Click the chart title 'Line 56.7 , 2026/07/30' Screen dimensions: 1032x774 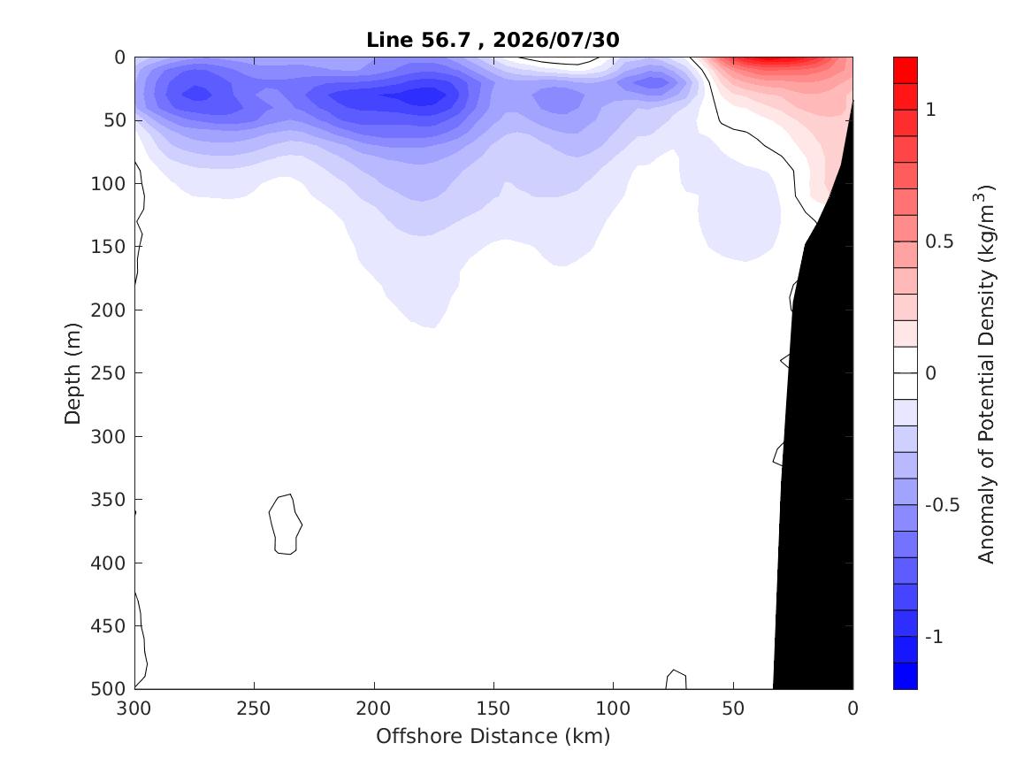click(493, 40)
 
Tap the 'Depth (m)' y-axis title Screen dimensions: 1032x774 click(73, 373)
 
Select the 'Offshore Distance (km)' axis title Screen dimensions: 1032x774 click(493, 736)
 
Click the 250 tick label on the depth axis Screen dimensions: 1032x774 click(108, 373)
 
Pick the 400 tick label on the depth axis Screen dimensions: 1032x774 click(108, 563)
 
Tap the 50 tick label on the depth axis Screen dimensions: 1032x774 click(114, 120)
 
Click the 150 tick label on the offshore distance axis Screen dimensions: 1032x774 click(493, 709)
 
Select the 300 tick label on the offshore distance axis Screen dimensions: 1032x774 click(134, 709)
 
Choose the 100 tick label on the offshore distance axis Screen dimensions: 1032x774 click(613, 709)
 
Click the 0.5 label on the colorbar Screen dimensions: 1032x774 click(939, 241)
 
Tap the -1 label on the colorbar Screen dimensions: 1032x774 click(934, 637)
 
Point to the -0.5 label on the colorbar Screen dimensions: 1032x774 click(943, 505)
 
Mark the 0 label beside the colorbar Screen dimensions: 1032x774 click(930, 373)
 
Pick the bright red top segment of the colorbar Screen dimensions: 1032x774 click(905, 70)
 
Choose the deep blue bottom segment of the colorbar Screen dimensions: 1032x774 click(905, 676)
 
